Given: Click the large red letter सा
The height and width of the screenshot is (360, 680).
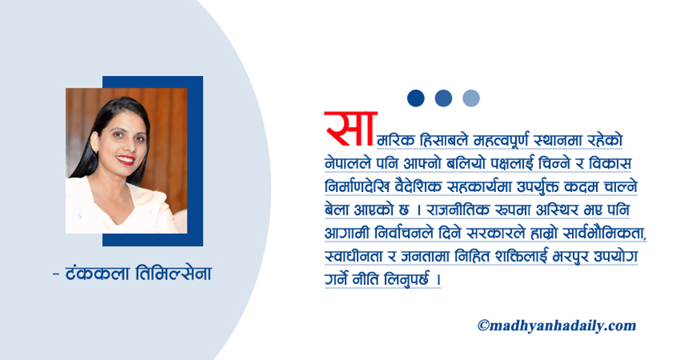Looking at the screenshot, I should (350, 128).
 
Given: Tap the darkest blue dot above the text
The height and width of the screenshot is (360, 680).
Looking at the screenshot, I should (416, 98).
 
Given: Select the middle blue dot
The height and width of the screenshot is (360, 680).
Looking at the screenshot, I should (443, 98).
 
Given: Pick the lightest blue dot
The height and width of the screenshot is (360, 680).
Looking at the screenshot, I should (471, 98).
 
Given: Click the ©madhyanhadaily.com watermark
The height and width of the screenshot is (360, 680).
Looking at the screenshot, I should (556, 325).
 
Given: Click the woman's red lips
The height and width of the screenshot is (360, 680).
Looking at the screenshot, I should (125, 160).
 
